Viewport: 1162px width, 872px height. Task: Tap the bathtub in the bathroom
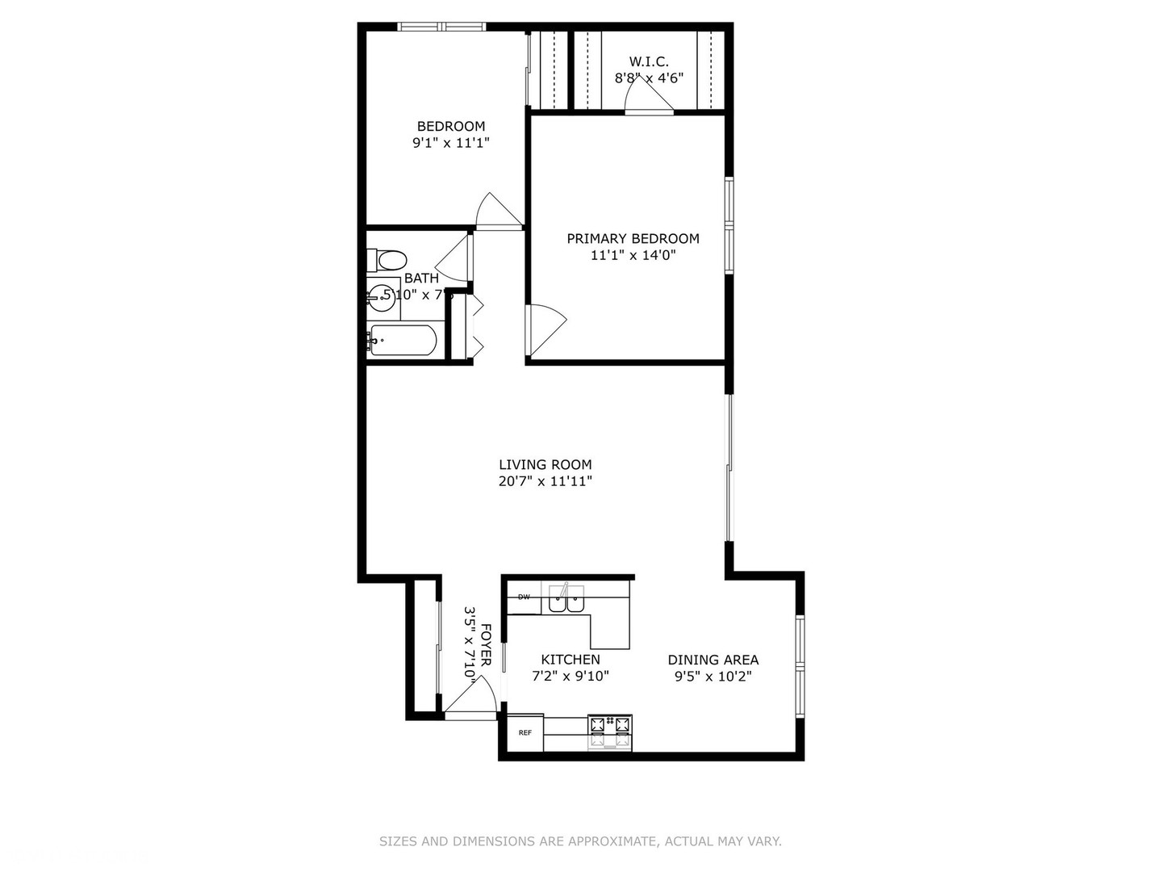pyautogui.click(x=403, y=340)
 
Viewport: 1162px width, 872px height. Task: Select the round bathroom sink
pyautogui.click(x=379, y=298)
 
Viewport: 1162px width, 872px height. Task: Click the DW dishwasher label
pyautogui.click(x=524, y=597)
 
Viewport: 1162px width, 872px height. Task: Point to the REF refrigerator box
pyautogui.click(x=525, y=733)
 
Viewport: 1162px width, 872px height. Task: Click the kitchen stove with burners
pyautogui.click(x=610, y=732)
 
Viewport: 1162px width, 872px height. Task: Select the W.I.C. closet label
pyautogui.click(x=649, y=61)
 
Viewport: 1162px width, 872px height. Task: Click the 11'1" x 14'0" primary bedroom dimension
pyautogui.click(x=633, y=255)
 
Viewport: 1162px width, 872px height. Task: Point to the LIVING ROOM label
pyautogui.click(x=545, y=464)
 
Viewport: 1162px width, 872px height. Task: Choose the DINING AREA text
pyautogui.click(x=713, y=660)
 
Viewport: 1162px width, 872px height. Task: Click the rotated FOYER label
pyautogui.click(x=486, y=644)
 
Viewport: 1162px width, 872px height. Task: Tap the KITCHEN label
pyautogui.click(x=570, y=660)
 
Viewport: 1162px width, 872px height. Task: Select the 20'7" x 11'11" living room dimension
pyautogui.click(x=545, y=481)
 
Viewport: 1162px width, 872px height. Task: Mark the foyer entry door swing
pyautogui.click(x=473, y=699)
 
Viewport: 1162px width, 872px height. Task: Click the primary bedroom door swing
pyautogui.click(x=544, y=329)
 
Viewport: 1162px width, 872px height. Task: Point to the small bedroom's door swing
pyautogui.click(x=497, y=212)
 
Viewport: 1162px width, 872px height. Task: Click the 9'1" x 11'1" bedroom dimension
pyautogui.click(x=451, y=143)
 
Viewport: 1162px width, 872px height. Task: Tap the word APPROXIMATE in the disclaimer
pyautogui.click(x=612, y=841)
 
